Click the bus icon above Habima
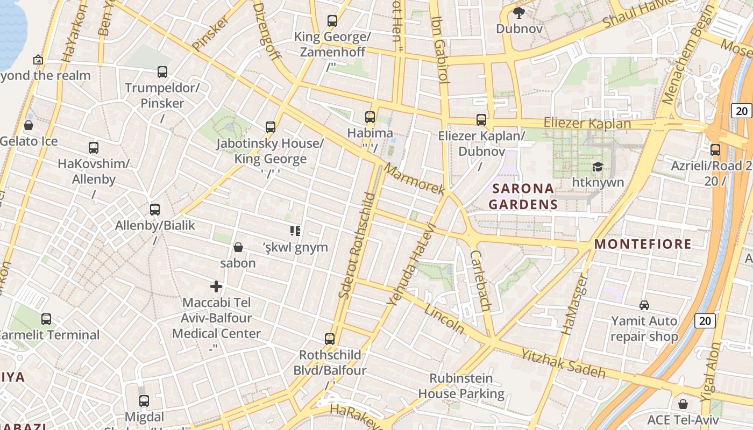click(370, 117)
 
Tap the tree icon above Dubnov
click(519, 12)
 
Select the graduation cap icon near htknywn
click(597, 167)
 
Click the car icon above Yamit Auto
click(644, 305)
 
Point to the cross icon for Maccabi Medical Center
click(216, 286)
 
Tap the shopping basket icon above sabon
click(238, 247)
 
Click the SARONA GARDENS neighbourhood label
click(523, 196)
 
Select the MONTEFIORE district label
click(643, 244)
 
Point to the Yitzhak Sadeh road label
click(563, 363)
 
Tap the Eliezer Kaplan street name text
click(587, 123)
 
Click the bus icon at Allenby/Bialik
click(155, 209)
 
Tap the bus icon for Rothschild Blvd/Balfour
click(330, 339)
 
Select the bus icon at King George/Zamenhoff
click(332, 21)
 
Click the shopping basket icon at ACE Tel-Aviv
click(683, 404)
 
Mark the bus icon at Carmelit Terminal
click(46, 319)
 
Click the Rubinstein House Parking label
click(461, 386)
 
